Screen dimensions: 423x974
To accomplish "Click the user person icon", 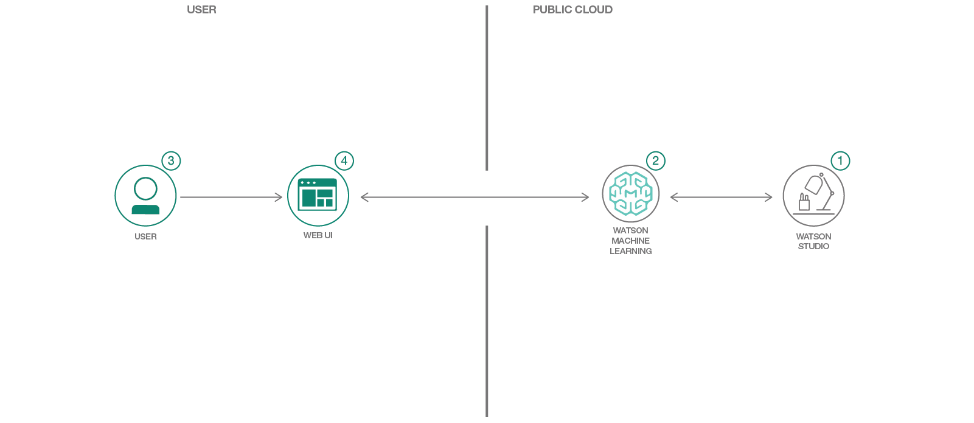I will pos(145,196).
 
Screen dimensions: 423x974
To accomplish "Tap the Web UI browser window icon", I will pos(318,195).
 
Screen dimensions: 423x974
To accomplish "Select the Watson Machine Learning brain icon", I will pos(631,194).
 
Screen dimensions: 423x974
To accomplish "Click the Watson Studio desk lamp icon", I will pos(813,195).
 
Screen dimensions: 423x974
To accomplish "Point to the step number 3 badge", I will pos(171,160).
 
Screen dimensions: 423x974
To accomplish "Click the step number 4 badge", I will pos(344,160).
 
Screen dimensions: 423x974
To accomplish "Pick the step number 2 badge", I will pos(655,160).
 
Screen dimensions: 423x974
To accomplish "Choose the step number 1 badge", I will pos(840,160).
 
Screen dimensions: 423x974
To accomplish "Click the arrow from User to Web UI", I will pos(231,197).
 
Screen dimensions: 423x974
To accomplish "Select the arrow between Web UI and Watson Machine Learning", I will pos(475,197).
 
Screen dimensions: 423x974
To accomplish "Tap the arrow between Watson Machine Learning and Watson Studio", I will pos(721,197).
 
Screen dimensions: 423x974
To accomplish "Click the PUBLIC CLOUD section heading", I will pos(572,10).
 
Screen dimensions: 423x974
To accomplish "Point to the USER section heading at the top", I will pos(201,10).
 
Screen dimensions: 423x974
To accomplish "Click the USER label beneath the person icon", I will pos(145,236).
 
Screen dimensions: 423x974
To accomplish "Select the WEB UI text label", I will pos(318,235).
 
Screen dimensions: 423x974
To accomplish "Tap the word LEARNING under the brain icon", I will pos(631,251).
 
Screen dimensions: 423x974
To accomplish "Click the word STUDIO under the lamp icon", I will pos(813,246).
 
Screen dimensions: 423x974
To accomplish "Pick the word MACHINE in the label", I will pos(631,241).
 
